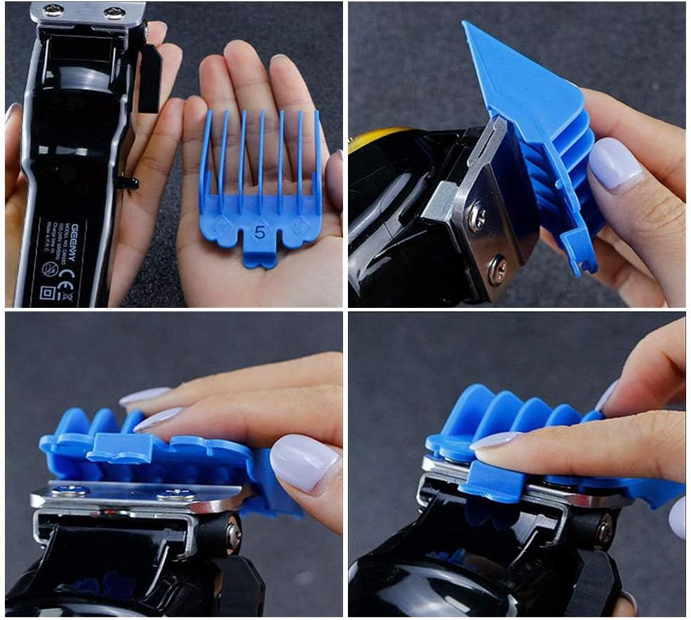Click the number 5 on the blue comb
[x=260, y=234]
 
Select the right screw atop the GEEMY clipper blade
[x=112, y=13]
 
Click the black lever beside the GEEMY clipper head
[x=149, y=77]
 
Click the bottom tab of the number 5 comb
[x=259, y=259]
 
